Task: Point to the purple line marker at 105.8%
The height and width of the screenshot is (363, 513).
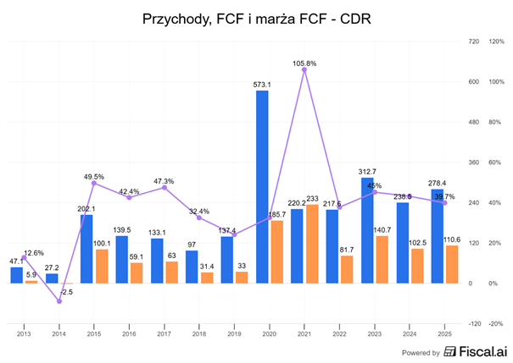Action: [x=304, y=69]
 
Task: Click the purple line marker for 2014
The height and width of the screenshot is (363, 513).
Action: [x=59, y=301]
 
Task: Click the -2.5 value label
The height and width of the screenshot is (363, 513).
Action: [x=66, y=292]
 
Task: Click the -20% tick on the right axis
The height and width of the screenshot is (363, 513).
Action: [x=496, y=323]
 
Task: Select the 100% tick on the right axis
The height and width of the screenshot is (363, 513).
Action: [x=496, y=81]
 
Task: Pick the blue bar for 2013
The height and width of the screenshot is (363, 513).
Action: [x=18, y=275]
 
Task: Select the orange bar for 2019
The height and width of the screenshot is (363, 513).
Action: [x=242, y=278]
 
